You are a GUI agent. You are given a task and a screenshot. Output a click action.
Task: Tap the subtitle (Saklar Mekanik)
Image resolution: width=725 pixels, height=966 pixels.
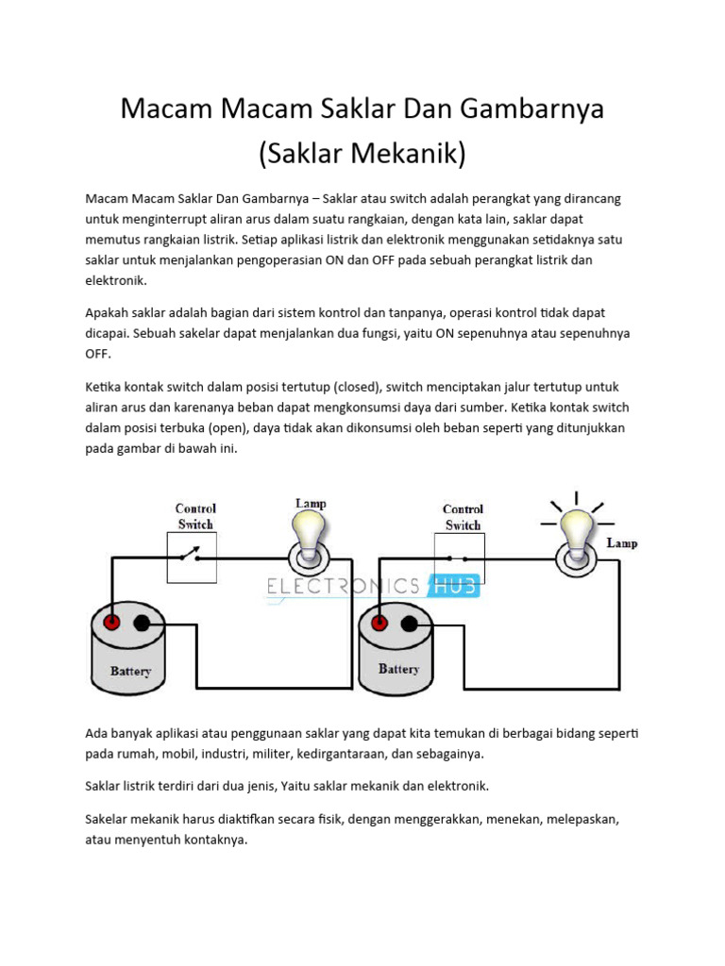tap(362, 153)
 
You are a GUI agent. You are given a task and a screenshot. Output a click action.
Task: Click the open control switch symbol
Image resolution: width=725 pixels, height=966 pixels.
tap(193, 557)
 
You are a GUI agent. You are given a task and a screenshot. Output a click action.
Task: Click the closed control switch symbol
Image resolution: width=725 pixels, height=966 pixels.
tap(461, 557)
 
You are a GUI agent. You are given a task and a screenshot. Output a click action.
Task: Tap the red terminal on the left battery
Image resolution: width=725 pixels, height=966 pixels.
tap(112, 623)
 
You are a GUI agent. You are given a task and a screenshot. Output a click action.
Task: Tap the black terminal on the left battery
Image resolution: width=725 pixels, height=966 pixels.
tap(142, 623)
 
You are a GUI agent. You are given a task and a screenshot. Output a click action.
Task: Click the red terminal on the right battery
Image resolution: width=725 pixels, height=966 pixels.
tap(379, 624)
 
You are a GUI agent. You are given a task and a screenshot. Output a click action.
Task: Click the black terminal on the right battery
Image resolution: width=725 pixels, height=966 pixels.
tap(409, 624)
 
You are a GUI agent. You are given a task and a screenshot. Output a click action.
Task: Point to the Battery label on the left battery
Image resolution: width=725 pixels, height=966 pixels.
tap(130, 673)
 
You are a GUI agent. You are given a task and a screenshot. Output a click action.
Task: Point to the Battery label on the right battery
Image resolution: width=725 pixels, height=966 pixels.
tap(398, 669)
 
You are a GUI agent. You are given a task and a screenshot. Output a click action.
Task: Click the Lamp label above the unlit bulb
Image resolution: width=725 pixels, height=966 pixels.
tap(311, 504)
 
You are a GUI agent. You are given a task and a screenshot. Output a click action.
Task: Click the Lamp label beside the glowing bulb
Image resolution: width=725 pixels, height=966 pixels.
tap(621, 543)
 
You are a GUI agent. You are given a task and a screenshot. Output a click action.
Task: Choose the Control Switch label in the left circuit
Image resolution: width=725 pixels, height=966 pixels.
tap(195, 516)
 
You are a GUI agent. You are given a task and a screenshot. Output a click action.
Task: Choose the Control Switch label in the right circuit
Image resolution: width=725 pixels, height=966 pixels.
tap(463, 517)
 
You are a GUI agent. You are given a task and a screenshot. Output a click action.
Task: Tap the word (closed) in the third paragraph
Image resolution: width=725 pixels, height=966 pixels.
tap(354, 387)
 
